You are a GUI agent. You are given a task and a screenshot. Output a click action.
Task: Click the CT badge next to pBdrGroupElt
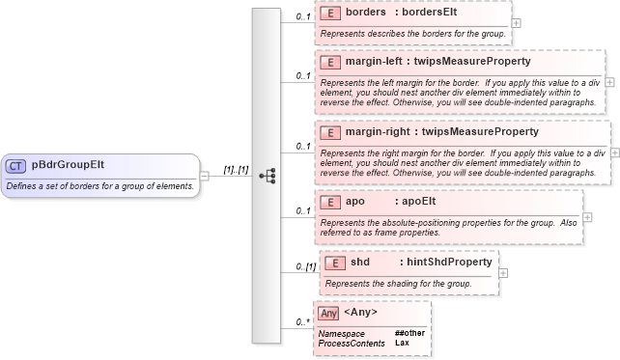click(x=16, y=165)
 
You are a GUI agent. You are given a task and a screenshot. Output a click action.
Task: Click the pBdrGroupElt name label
click(x=69, y=165)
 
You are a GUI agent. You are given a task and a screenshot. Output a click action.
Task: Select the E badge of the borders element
click(x=329, y=14)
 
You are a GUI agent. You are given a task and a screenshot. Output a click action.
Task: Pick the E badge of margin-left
click(x=329, y=62)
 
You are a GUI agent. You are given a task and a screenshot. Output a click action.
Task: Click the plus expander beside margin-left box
click(x=609, y=83)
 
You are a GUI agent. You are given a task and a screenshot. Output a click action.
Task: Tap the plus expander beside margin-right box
click(x=615, y=153)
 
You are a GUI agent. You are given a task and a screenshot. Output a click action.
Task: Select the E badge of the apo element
click(x=329, y=202)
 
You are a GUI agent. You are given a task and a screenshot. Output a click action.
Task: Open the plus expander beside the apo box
click(x=588, y=216)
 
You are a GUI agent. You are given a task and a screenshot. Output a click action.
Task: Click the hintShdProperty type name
click(x=450, y=262)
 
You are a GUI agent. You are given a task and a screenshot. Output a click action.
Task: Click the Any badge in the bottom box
click(x=328, y=313)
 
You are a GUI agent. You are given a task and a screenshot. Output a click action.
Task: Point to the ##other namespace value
click(x=409, y=333)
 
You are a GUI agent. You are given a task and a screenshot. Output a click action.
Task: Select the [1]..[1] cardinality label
click(x=236, y=170)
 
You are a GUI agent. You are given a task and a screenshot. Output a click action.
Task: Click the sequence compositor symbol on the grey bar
click(x=268, y=176)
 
